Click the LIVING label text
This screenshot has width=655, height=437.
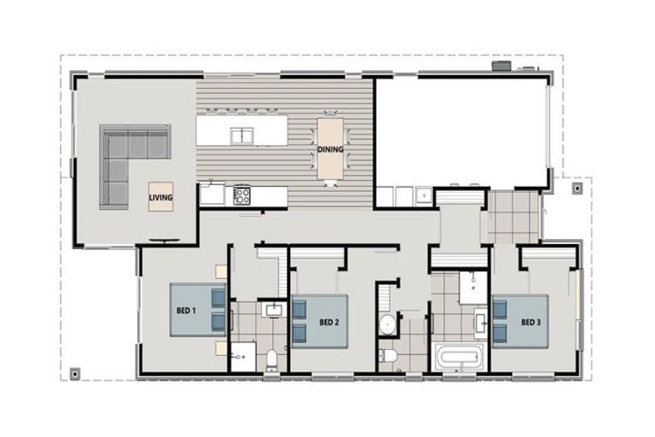pos(160,198)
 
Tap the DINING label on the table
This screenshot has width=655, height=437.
pos(330,149)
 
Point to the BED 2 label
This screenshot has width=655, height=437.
pos(330,322)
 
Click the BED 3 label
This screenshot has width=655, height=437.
pos(530,322)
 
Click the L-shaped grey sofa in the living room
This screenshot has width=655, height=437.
pos(128,158)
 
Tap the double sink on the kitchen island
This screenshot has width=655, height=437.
pos(241,134)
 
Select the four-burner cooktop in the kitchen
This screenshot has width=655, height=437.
pos(242,195)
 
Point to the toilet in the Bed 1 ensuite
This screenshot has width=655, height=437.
pos(271,358)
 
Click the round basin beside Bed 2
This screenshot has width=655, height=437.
pos(387,323)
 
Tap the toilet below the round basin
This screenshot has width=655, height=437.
pos(388,355)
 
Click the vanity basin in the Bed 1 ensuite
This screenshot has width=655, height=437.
pos(273,309)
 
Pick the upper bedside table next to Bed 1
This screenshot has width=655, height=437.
pos(221,272)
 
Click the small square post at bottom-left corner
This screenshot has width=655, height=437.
pos(76,372)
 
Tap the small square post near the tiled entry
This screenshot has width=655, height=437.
pos(577,187)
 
